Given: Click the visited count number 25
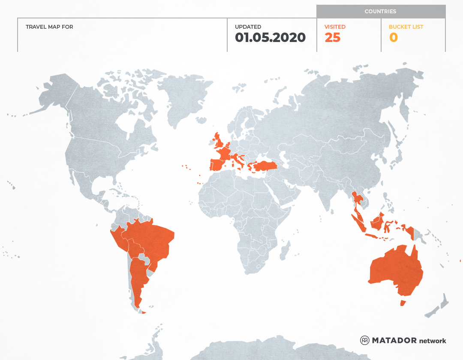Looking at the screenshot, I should pos(332,38).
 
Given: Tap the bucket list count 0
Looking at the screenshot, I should pos(393,38).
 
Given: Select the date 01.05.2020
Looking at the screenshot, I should pos(270,38).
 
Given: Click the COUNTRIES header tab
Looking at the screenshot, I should pos(380,12).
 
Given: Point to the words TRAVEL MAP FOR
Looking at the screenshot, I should pos(49,27).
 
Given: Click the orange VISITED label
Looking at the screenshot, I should pos(335,27).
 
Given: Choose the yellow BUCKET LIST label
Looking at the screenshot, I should pos(406,27).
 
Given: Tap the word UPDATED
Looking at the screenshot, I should pos(248,27).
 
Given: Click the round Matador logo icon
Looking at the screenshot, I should pos(364,340).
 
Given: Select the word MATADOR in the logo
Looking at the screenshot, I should pos(394,341).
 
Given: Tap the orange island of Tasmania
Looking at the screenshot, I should pos(403,303).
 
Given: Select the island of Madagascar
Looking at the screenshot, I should pos(284,251).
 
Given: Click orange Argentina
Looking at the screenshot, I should pos(138,279).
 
